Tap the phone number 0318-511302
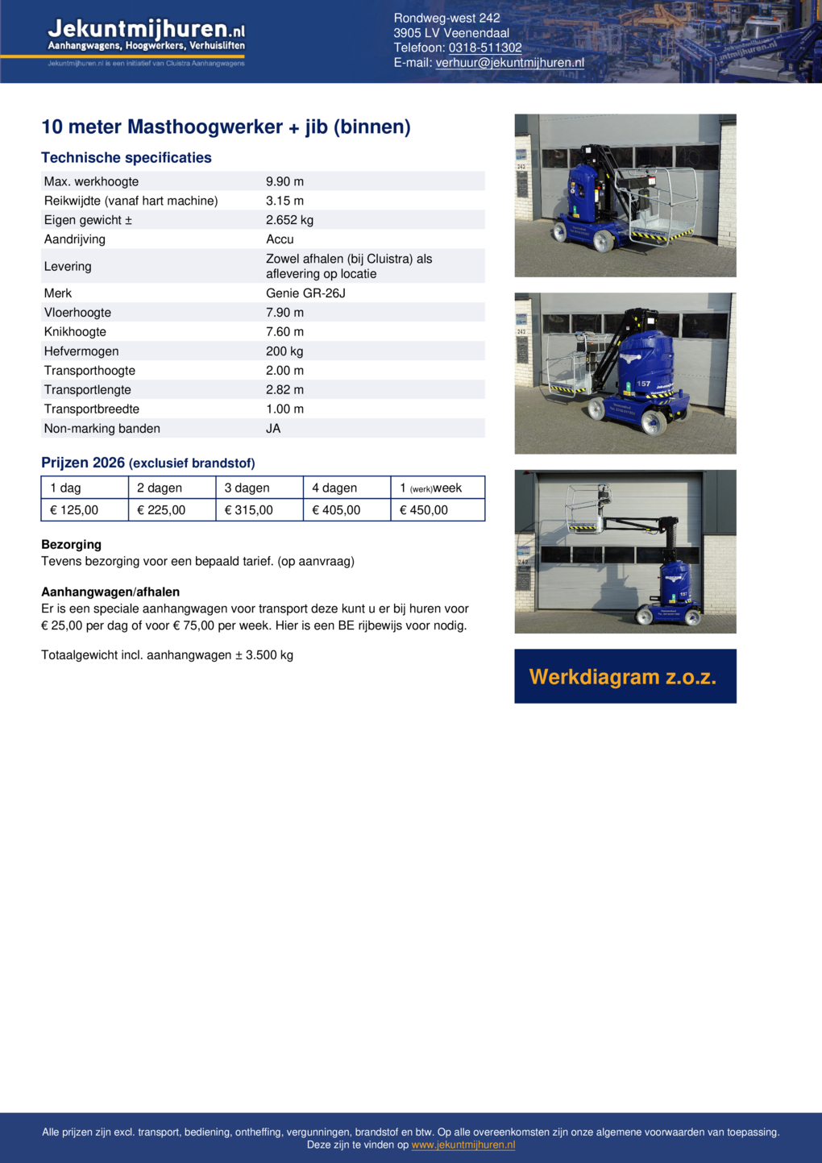pyautogui.click(x=485, y=48)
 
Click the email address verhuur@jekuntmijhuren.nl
pyautogui.click(x=509, y=63)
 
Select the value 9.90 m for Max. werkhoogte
pyautogui.click(x=284, y=181)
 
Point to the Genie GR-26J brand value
pyautogui.click(x=305, y=293)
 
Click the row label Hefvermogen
pyautogui.click(x=81, y=351)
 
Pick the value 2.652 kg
pyautogui.click(x=289, y=220)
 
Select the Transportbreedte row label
pyautogui.click(x=92, y=409)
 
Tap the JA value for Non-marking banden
pyautogui.click(x=273, y=429)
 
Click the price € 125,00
pyautogui.click(x=74, y=510)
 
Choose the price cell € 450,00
pyautogui.click(x=424, y=510)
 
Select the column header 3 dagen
pyautogui.click(x=247, y=488)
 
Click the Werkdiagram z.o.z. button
pyautogui.click(x=625, y=676)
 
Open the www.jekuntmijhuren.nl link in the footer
pyautogui.click(x=463, y=1144)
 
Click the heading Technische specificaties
pyautogui.click(x=127, y=158)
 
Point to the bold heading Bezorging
pyautogui.click(x=71, y=545)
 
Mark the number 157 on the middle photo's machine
pyautogui.click(x=643, y=384)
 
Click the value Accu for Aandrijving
pyautogui.click(x=280, y=239)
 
